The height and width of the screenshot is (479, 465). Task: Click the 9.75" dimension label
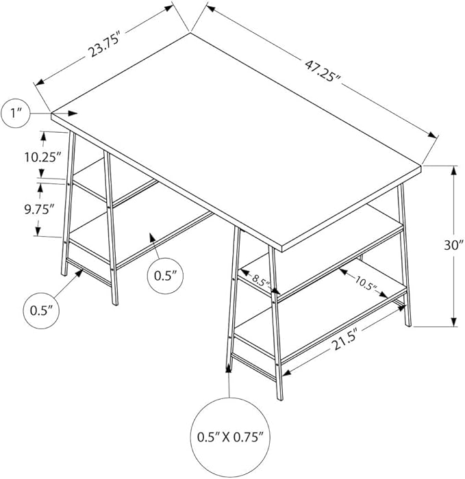point(39,210)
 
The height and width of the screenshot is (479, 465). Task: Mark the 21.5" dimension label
point(344,339)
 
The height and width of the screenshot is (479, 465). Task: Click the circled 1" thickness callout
point(15,114)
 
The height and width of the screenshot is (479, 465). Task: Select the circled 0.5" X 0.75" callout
point(230,437)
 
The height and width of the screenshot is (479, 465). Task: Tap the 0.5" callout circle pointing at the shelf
point(166,276)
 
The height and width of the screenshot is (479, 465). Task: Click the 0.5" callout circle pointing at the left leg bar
point(41,311)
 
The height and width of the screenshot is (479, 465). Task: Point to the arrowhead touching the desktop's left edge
point(73,114)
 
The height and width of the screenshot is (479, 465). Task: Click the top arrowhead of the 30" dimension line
point(453,170)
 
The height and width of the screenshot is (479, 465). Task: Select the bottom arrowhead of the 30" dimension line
point(453,322)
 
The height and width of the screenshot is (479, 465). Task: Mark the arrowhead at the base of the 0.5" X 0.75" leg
point(228,368)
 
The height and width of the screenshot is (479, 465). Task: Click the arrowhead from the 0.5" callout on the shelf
point(153,237)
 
